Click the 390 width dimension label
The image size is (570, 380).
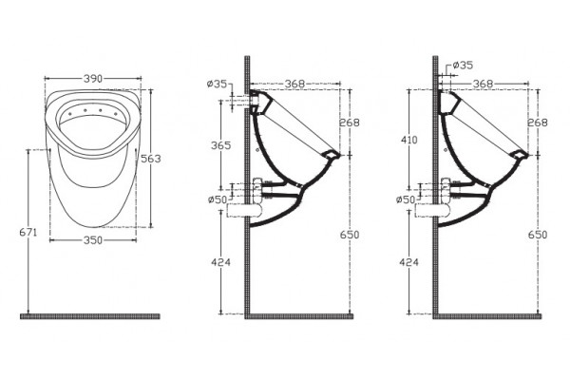(x=93, y=79)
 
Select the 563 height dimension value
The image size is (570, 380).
(x=150, y=159)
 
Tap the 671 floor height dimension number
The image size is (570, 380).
(x=28, y=232)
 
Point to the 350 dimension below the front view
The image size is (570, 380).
(x=93, y=240)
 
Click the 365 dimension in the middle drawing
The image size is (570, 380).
(x=221, y=145)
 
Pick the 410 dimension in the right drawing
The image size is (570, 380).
(x=409, y=140)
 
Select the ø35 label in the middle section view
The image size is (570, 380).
(x=217, y=85)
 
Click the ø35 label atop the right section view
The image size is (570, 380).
(x=463, y=66)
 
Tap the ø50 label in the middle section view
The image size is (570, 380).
(x=217, y=199)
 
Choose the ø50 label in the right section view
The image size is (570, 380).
(x=406, y=199)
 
